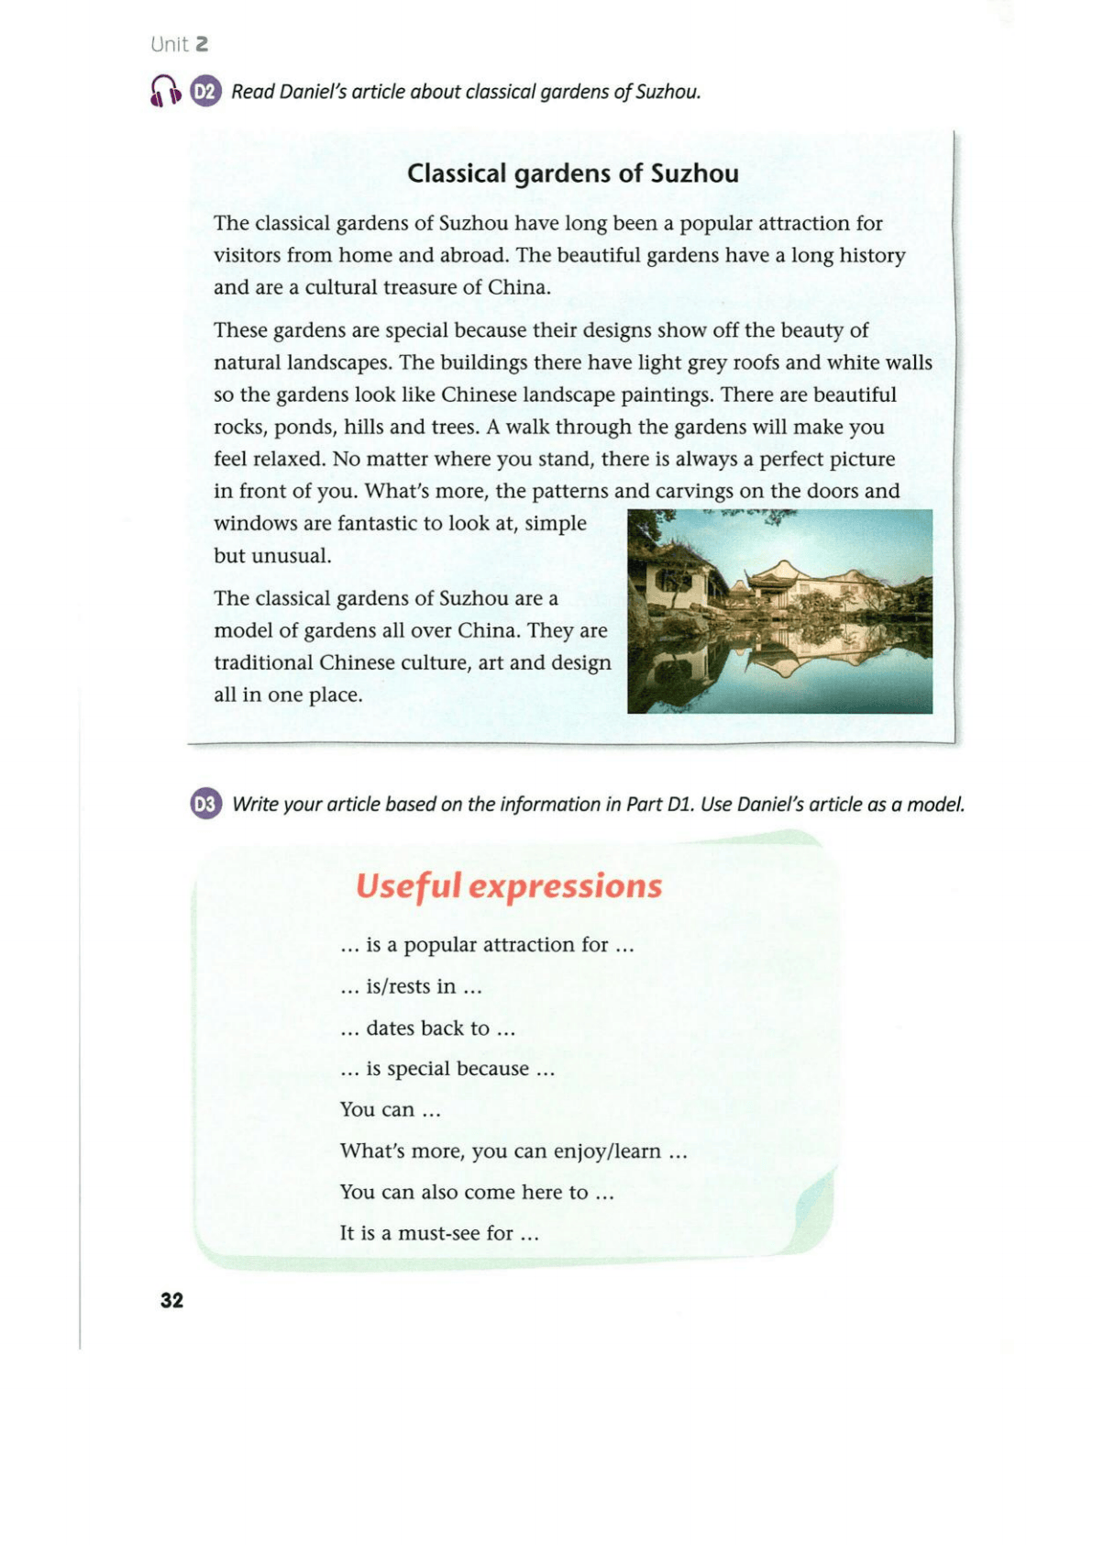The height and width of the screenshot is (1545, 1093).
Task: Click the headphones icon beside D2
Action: [x=166, y=91]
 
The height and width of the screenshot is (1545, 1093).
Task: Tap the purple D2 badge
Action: [x=206, y=92]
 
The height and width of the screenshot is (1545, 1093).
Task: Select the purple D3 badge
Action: [x=206, y=805]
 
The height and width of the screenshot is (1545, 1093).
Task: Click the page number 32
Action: [x=171, y=1300]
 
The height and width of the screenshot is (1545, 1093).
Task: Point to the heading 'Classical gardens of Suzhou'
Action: [x=572, y=173]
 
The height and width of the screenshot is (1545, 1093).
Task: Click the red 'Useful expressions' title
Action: [x=508, y=886]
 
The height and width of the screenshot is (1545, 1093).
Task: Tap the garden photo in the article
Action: [x=779, y=611]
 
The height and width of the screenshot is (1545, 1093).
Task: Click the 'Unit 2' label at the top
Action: [x=180, y=44]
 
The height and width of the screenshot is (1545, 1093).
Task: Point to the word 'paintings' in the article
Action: [x=668, y=395]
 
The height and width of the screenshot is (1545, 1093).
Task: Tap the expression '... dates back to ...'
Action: [x=427, y=1028]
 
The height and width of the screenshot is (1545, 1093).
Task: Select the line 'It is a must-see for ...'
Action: [x=438, y=1233]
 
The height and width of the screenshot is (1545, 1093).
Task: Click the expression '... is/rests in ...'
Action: [x=411, y=987]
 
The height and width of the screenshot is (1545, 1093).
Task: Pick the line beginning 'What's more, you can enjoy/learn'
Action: [x=513, y=1151]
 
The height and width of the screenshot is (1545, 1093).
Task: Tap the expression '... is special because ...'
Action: [x=447, y=1069]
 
